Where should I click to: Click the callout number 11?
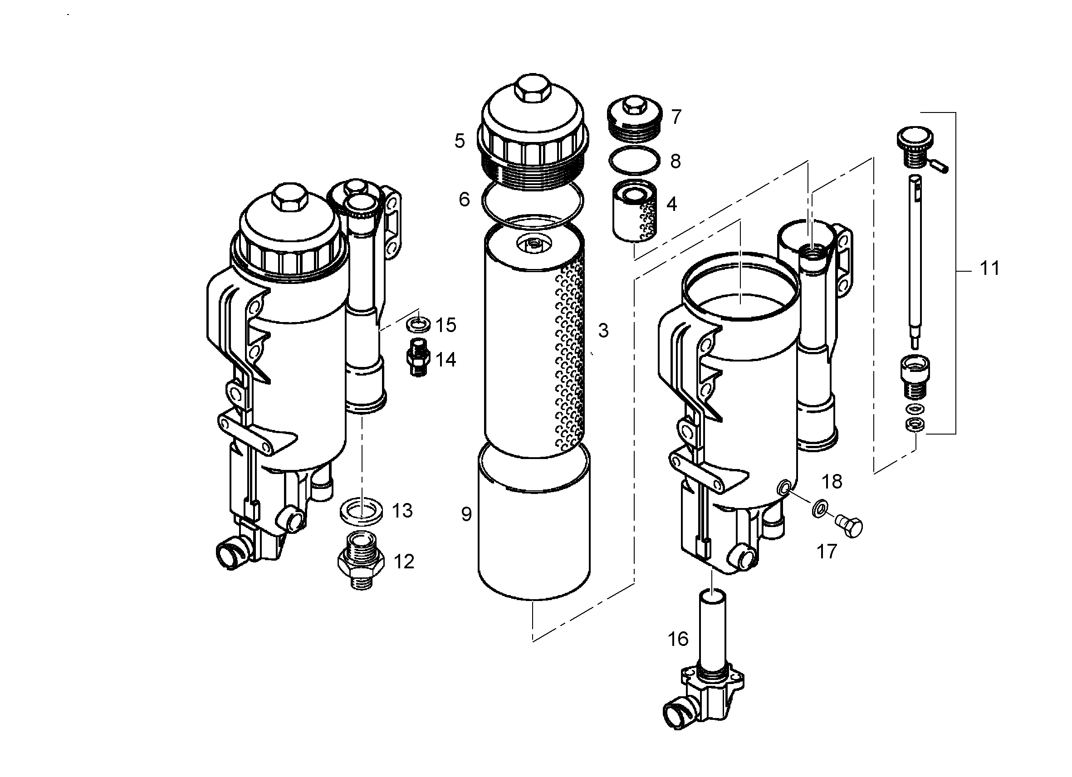tap(989, 269)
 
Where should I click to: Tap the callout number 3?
tap(603, 330)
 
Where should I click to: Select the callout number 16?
tap(678, 639)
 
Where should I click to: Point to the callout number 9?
tap(466, 514)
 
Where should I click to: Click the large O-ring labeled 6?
tap(532, 200)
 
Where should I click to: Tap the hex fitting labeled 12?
tap(362, 560)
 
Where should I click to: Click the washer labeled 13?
tap(362, 511)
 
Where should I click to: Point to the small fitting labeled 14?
tap(418, 357)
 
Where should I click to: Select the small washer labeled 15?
tap(418, 325)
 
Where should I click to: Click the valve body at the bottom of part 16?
tap(703, 699)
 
